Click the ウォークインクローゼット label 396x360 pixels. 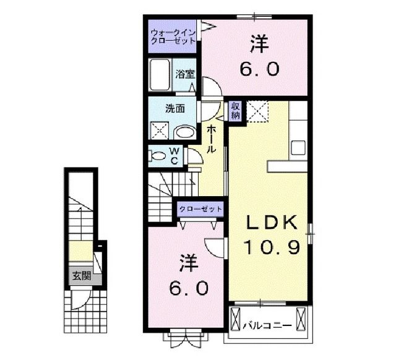pyautogui.click(x=173, y=36)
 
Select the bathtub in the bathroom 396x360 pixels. pyautogui.click(x=160, y=75)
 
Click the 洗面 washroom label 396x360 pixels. pyautogui.click(x=174, y=109)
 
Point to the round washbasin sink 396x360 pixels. pyautogui.click(x=183, y=132)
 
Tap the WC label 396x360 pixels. pyautogui.click(x=174, y=156)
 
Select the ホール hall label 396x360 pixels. pyautogui.click(x=211, y=139)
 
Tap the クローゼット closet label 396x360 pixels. pyautogui.click(x=200, y=209)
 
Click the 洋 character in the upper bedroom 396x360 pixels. pyautogui.click(x=257, y=44)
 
